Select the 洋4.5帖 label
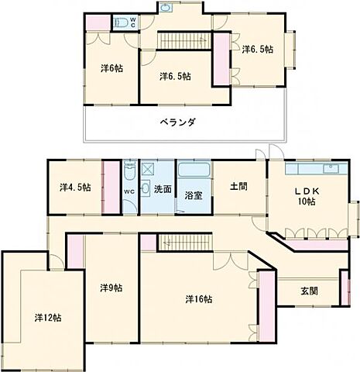point(75,187)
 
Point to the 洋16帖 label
point(199,298)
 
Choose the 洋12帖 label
point(47,317)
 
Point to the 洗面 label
point(162,188)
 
